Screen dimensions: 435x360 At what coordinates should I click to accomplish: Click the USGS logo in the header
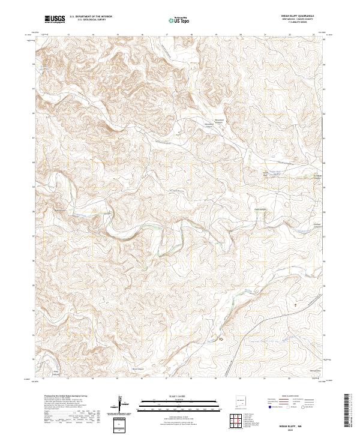[55, 19]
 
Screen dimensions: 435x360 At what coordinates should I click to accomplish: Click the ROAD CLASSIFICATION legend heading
[288, 397]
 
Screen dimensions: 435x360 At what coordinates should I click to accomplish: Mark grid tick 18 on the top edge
[191, 35]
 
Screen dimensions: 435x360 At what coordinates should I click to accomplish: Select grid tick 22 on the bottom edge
[289, 379]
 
